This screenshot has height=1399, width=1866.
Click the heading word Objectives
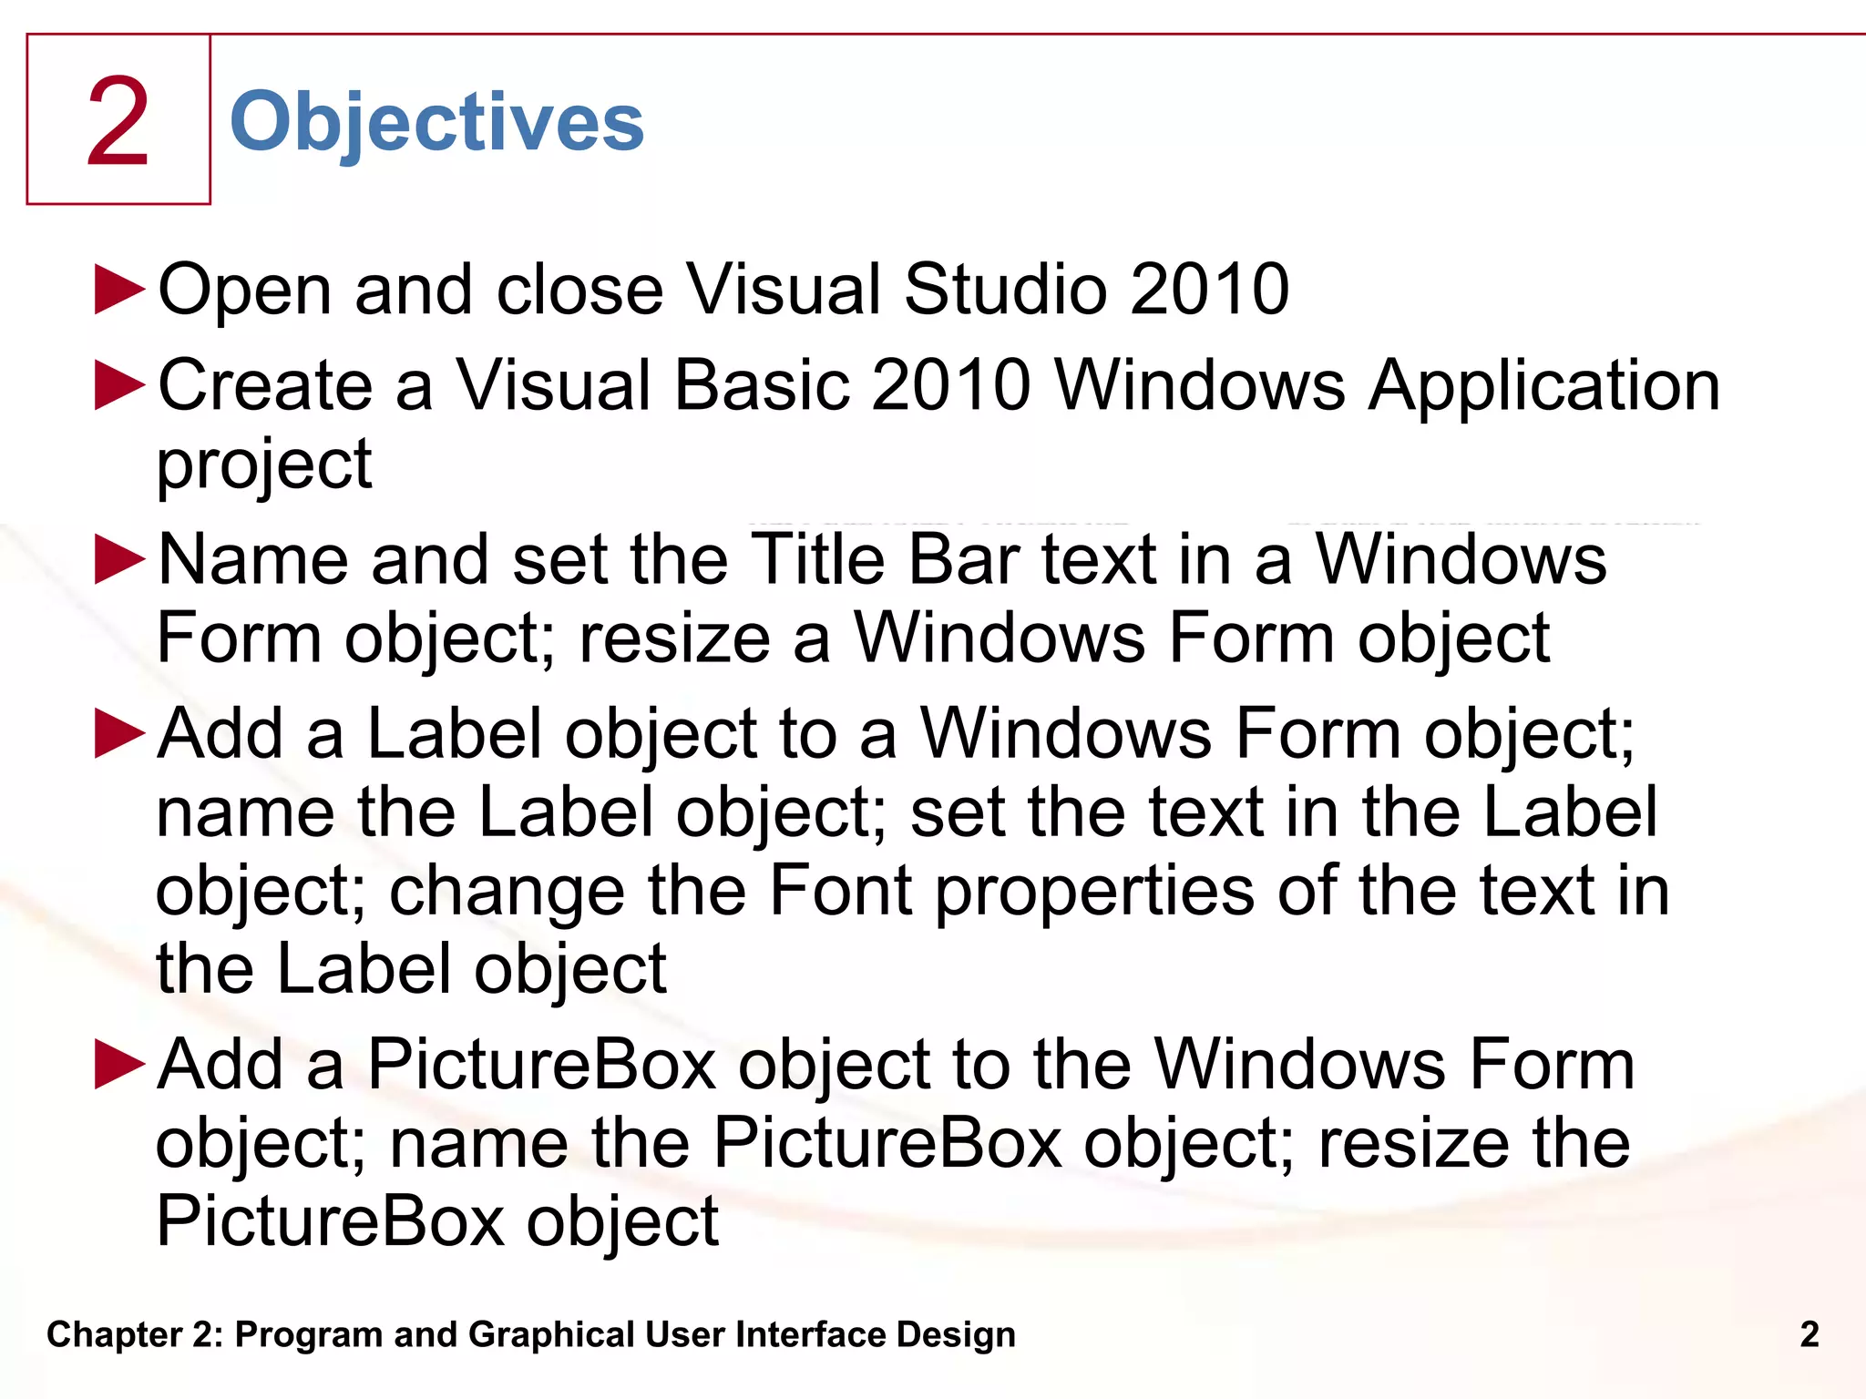[436, 123]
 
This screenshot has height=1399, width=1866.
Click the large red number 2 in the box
[118, 122]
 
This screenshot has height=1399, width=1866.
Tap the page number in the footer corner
[1810, 1334]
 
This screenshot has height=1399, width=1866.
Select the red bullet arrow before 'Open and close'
[120, 291]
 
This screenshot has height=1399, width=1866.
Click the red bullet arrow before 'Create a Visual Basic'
[120, 385]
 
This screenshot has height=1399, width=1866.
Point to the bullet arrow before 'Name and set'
[120, 559]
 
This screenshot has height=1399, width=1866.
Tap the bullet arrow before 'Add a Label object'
[120, 734]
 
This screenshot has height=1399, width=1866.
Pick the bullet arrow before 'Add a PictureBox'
[120, 1065]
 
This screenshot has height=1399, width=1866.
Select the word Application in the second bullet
[1544, 386]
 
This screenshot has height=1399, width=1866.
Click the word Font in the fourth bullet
[840, 891]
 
